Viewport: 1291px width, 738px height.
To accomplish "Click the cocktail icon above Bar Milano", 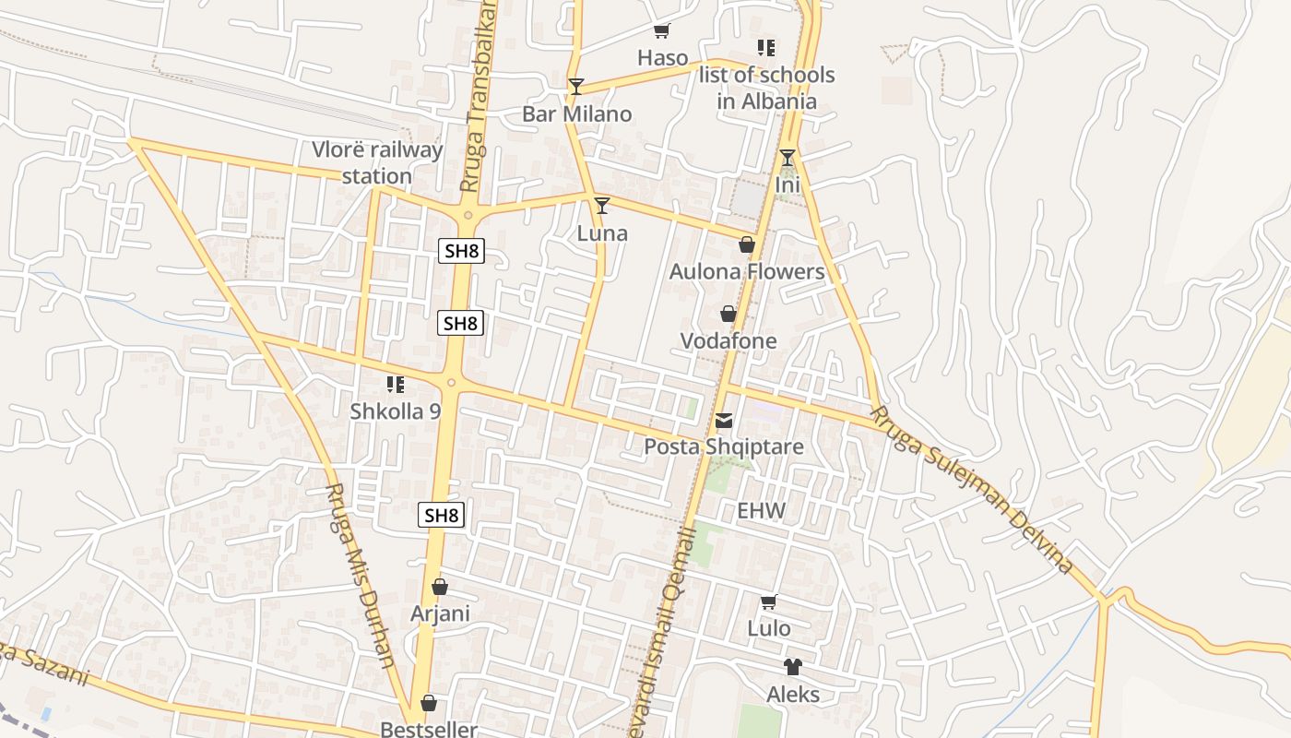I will point(576,87).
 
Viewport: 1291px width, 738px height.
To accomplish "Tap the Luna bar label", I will point(602,233).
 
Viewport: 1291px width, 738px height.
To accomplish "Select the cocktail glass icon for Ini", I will point(787,158).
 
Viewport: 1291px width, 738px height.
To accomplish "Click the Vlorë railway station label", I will point(377,162).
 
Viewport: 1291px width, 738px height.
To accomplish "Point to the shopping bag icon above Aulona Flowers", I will point(747,244).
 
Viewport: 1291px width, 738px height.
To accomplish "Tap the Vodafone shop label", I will point(728,340).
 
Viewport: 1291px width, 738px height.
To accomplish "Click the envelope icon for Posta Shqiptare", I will point(724,422).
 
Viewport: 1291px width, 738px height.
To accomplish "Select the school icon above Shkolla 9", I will point(396,385).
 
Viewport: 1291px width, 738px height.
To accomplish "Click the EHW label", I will point(761,510).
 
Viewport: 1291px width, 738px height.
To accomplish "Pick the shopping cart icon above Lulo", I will point(768,602).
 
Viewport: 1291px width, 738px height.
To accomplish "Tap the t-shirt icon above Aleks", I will point(793,667).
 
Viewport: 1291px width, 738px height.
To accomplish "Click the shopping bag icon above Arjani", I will point(440,587).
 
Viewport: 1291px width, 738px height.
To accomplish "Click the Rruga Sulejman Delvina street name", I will point(973,490).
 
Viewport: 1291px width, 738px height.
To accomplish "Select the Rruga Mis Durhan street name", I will point(361,576).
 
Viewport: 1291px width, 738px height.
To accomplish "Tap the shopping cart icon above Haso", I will point(661,32).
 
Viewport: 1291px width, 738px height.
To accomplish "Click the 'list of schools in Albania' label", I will point(767,88).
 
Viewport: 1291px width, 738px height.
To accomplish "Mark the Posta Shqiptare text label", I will point(724,447).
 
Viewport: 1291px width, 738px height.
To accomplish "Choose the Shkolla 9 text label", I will point(396,411).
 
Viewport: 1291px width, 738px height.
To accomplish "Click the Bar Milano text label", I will point(577,113).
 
